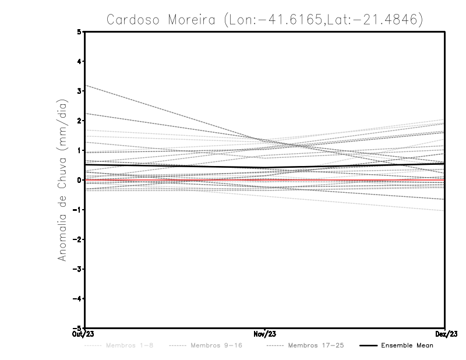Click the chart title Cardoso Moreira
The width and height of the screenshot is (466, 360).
click(264, 19)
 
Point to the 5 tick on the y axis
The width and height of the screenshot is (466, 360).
click(80, 31)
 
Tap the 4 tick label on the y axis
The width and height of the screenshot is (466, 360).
click(80, 61)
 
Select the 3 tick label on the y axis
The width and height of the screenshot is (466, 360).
click(80, 91)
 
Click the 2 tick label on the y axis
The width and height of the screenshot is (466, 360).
click(80, 121)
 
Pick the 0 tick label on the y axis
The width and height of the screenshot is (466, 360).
click(80, 180)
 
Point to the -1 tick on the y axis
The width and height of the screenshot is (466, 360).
click(79, 210)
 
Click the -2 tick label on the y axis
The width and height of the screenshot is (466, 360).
click(79, 239)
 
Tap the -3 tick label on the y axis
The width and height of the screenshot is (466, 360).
click(79, 269)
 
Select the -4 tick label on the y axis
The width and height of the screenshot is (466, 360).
click(79, 299)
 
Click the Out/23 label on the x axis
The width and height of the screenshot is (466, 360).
click(84, 334)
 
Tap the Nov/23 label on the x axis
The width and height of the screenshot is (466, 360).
click(265, 334)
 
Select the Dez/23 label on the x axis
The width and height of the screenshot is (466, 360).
click(445, 334)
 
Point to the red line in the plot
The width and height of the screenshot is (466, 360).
click(175, 180)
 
